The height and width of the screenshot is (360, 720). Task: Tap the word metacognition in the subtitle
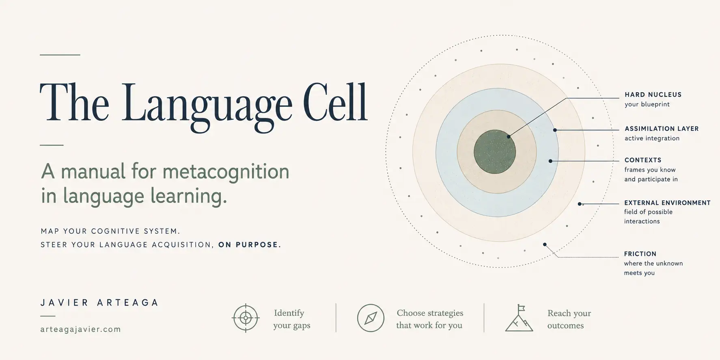point(226,171)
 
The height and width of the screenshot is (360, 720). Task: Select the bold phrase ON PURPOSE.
point(250,245)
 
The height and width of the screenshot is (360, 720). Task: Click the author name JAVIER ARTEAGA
point(99,303)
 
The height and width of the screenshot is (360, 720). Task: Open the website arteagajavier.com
point(81,330)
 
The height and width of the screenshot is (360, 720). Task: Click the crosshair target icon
point(246,318)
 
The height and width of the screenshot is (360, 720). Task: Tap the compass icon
point(371,318)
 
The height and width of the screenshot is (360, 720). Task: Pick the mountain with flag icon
point(519,318)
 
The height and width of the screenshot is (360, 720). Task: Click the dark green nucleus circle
point(495,152)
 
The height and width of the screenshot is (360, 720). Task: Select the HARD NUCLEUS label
point(653,95)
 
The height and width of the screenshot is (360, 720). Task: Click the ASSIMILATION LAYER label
point(662,129)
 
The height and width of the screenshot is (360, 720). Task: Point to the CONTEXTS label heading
point(643,160)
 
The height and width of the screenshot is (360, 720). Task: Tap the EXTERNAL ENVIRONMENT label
point(667,203)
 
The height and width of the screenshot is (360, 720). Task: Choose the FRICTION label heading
point(640,254)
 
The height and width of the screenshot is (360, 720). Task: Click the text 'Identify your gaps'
point(291,319)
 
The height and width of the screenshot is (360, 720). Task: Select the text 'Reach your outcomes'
point(569,319)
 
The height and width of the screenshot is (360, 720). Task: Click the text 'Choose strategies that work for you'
point(430,319)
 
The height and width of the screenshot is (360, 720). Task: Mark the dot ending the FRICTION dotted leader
point(545,244)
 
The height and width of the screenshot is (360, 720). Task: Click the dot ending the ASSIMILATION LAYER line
point(555,130)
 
